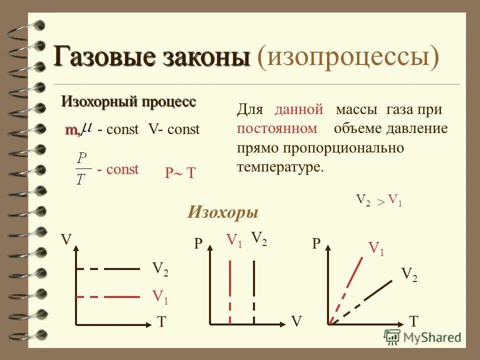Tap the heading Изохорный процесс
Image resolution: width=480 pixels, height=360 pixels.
(128, 102)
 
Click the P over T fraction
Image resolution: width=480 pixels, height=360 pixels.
(82, 169)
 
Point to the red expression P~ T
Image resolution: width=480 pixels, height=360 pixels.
(180, 173)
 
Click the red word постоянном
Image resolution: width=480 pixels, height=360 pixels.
(277, 128)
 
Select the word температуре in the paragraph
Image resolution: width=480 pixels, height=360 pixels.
(280, 166)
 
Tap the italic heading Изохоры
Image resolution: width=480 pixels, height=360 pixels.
(222, 212)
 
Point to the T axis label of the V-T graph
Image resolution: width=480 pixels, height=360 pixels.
(161, 322)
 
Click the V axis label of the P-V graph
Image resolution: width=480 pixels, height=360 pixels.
(297, 321)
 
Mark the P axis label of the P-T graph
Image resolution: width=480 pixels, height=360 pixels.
(316, 244)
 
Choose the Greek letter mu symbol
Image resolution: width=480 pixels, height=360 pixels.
(86, 128)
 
